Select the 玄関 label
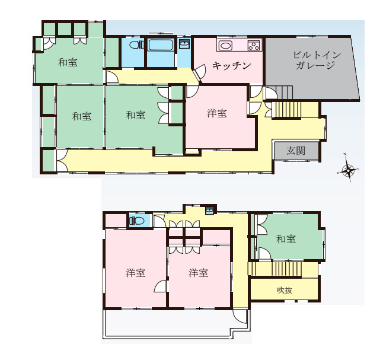pyautogui.click(x=296, y=151)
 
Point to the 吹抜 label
pyautogui.click(x=285, y=291)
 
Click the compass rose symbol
pyautogui.click(x=349, y=171)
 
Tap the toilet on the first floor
pyautogui.click(x=135, y=45)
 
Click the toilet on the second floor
pyautogui.click(x=138, y=221)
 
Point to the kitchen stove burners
pyautogui.click(x=253, y=46)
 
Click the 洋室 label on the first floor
pyautogui.click(x=217, y=113)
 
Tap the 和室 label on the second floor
pyautogui.click(x=286, y=239)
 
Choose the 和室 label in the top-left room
pyautogui.click(x=68, y=62)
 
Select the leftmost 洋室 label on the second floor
pyautogui.click(x=136, y=273)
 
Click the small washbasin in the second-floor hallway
pyautogui.click(x=210, y=211)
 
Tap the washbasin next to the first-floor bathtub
pyautogui.click(x=184, y=45)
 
